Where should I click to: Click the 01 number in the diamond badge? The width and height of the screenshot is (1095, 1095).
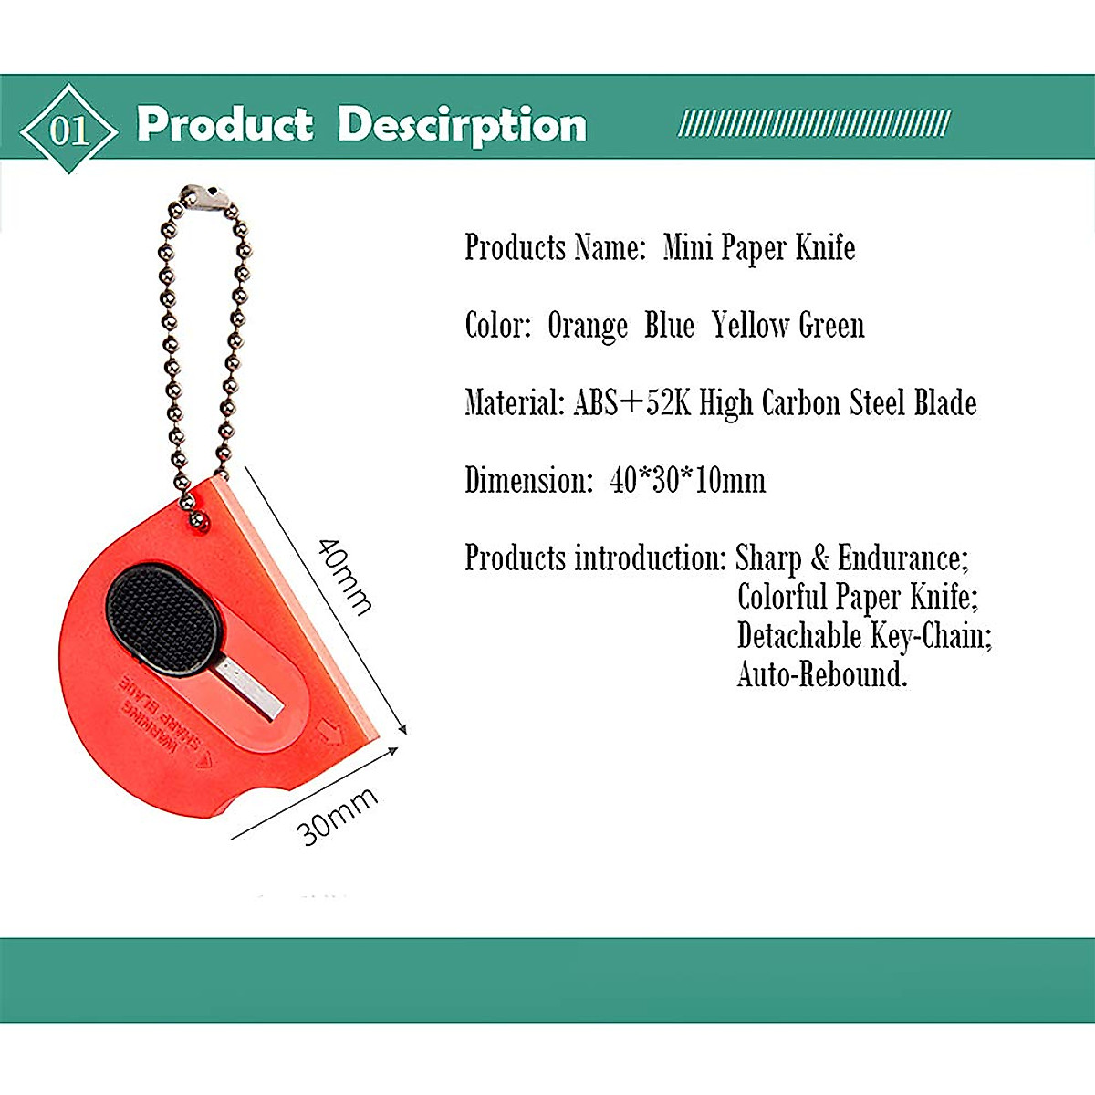click(x=69, y=130)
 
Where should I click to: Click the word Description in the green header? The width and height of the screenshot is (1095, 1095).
click(x=462, y=127)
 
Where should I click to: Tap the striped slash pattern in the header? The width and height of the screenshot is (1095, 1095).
click(x=814, y=123)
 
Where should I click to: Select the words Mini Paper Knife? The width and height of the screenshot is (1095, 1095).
click(x=759, y=248)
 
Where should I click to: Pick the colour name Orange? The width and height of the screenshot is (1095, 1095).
click(x=588, y=327)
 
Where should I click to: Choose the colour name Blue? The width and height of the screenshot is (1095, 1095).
click(x=670, y=325)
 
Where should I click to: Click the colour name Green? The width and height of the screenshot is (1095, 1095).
click(x=831, y=325)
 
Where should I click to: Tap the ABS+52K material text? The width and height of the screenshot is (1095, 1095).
click(x=632, y=402)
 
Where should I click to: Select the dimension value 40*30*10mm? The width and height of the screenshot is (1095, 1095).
click(x=688, y=480)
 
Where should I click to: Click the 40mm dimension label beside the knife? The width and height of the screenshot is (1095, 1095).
click(x=345, y=577)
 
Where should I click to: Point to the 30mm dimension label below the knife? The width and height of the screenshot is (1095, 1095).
click(x=337, y=816)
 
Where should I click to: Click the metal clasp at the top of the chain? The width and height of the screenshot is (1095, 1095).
click(x=204, y=197)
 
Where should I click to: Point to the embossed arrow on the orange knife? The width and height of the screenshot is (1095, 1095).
click(x=330, y=732)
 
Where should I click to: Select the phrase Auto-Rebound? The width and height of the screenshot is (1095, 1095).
click(x=821, y=674)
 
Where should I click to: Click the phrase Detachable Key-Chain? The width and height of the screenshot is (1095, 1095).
click(x=864, y=635)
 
